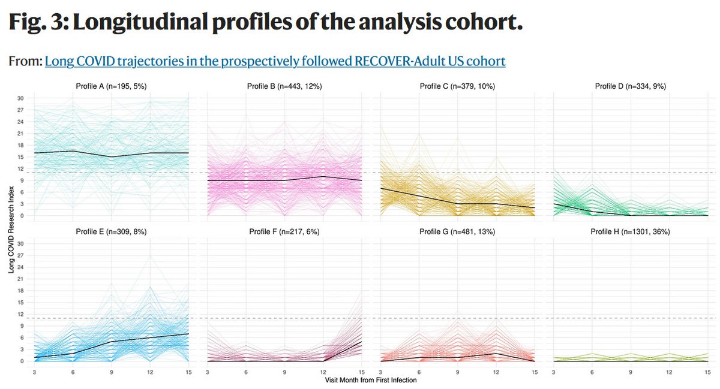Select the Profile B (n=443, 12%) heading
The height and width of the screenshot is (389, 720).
(x=284, y=86)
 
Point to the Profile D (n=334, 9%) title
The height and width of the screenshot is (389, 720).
(x=630, y=86)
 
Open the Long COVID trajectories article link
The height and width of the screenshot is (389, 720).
(x=275, y=61)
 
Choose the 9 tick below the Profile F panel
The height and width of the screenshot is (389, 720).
(x=284, y=372)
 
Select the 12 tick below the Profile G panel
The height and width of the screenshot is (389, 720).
(x=496, y=372)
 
